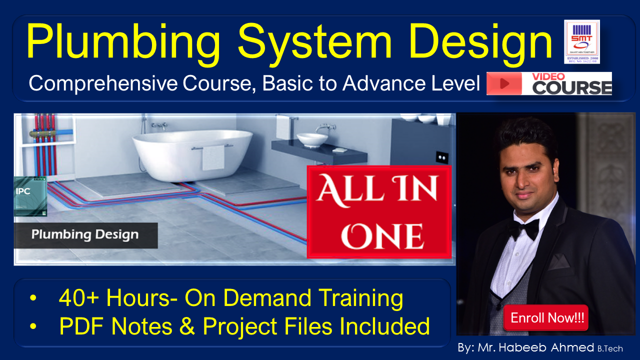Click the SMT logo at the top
(x=581, y=41)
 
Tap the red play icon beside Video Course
(x=504, y=83)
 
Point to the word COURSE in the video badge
(x=571, y=87)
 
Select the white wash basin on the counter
(x=312, y=139)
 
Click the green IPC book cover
(x=30, y=196)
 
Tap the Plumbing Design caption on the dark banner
(x=85, y=234)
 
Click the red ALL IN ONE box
(x=378, y=212)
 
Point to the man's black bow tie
(x=524, y=229)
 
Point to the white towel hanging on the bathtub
(x=213, y=157)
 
